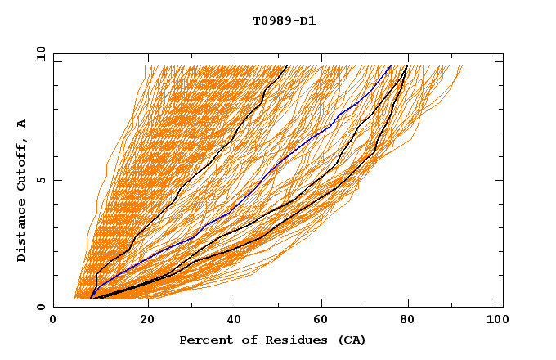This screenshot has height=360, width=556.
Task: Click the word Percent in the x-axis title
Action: pyautogui.click(x=203, y=340)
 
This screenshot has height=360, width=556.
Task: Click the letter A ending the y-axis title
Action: pyautogui.click(x=22, y=124)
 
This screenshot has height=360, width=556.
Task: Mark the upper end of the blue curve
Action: pyautogui.click(x=391, y=66)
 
